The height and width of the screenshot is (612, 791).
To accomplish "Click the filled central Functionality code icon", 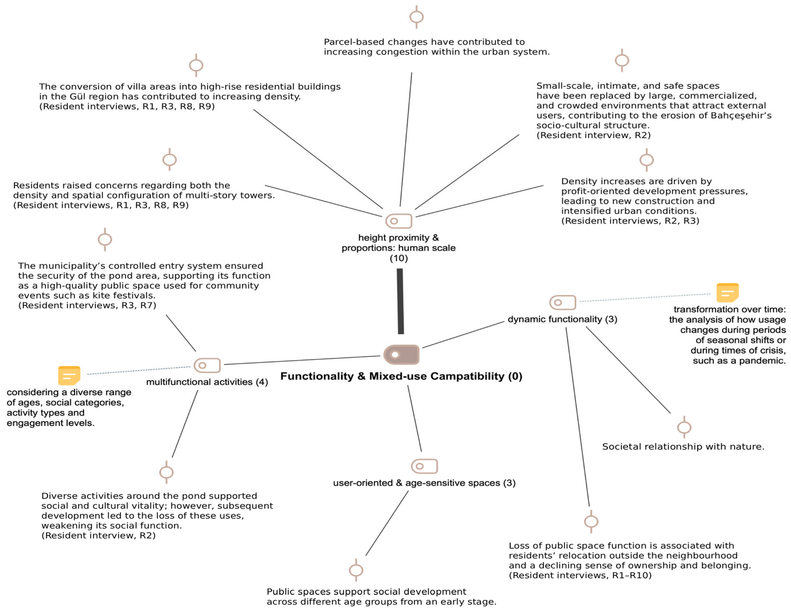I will [x=401, y=355].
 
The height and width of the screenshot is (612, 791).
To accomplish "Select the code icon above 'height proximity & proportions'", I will [x=399, y=221].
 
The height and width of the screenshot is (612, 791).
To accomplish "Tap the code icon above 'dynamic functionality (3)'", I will [x=562, y=302].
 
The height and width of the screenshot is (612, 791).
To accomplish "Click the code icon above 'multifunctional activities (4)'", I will [x=207, y=365].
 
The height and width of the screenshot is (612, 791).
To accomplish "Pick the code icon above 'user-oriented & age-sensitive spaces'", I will [x=424, y=466].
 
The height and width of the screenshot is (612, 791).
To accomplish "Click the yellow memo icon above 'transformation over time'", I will [x=727, y=293].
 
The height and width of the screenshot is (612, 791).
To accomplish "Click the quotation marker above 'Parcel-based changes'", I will [x=417, y=17].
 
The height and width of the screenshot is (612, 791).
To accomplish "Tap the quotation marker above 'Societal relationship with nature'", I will [x=684, y=427].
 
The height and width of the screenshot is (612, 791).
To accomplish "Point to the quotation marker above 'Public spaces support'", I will [x=356, y=570].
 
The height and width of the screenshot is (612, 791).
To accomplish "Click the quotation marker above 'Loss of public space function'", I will [x=591, y=521].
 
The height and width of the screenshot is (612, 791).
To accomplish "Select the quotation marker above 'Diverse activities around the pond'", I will [x=167, y=472].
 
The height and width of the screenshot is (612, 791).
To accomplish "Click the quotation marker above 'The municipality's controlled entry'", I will [x=105, y=239].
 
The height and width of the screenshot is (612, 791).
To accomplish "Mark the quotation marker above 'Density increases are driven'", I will [x=646, y=160].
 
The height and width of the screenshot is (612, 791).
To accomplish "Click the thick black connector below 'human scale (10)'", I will [x=400, y=301].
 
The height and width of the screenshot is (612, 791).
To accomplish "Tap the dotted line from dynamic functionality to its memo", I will [x=645, y=298].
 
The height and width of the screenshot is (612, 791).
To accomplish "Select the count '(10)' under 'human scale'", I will [x=399, y=258].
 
